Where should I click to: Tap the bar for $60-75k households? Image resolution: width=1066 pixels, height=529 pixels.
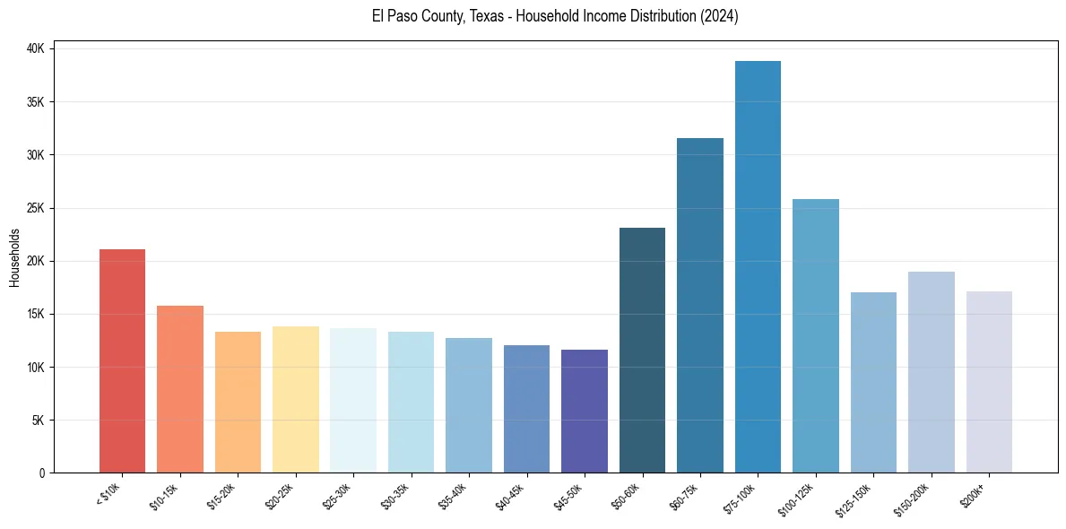pyautogui.click(x=700, y=305)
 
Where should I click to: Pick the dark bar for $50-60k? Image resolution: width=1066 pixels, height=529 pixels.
pyautogui.click(x=642, y=350)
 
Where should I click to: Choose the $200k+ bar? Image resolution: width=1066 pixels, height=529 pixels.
pyautogui.click(x=989, y=382)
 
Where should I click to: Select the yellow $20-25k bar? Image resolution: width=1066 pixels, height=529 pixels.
pyautogui.click(x=296, y=400)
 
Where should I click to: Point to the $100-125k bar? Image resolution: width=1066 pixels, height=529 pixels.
pyautogui.click(x=816, y=335)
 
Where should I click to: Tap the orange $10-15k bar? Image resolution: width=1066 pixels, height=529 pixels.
pyautogui.click(x=180, y=389)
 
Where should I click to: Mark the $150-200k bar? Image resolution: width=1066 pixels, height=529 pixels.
pyautogui.click(x=932, y=372)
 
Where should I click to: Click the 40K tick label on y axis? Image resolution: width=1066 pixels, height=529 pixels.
pyautogui.click(x=36, y=48)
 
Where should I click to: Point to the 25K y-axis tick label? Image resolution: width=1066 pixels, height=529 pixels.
pyautogui.click(x=36, y=208)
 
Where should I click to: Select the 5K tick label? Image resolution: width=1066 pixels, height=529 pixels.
pyautogui.click(x=39, y=421)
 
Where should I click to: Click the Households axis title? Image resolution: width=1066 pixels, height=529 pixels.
pyautogui.click(x=14, y=257)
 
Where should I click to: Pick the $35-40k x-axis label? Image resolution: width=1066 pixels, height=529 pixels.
pyautogui.click(x=454, y=496)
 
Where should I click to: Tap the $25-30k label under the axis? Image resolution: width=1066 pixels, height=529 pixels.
pyautogui.click(x=338, y=496)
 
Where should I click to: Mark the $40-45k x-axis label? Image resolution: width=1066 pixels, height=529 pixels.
pyautogui.click(x=511, y=496)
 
